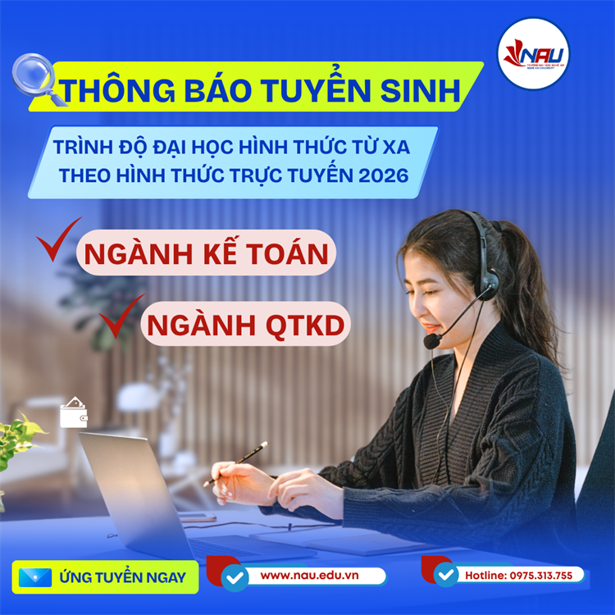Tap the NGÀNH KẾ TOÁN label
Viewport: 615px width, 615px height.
[x=206, y=255]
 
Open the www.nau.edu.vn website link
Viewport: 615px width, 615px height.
[x=310, y=576]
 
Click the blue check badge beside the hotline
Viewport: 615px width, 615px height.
[x=445, y=575]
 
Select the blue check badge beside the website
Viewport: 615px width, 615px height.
[x=235, y=577]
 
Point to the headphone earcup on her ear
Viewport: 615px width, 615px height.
[x=489, y=283]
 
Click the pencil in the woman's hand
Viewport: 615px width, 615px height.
[x=238, y=462]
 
